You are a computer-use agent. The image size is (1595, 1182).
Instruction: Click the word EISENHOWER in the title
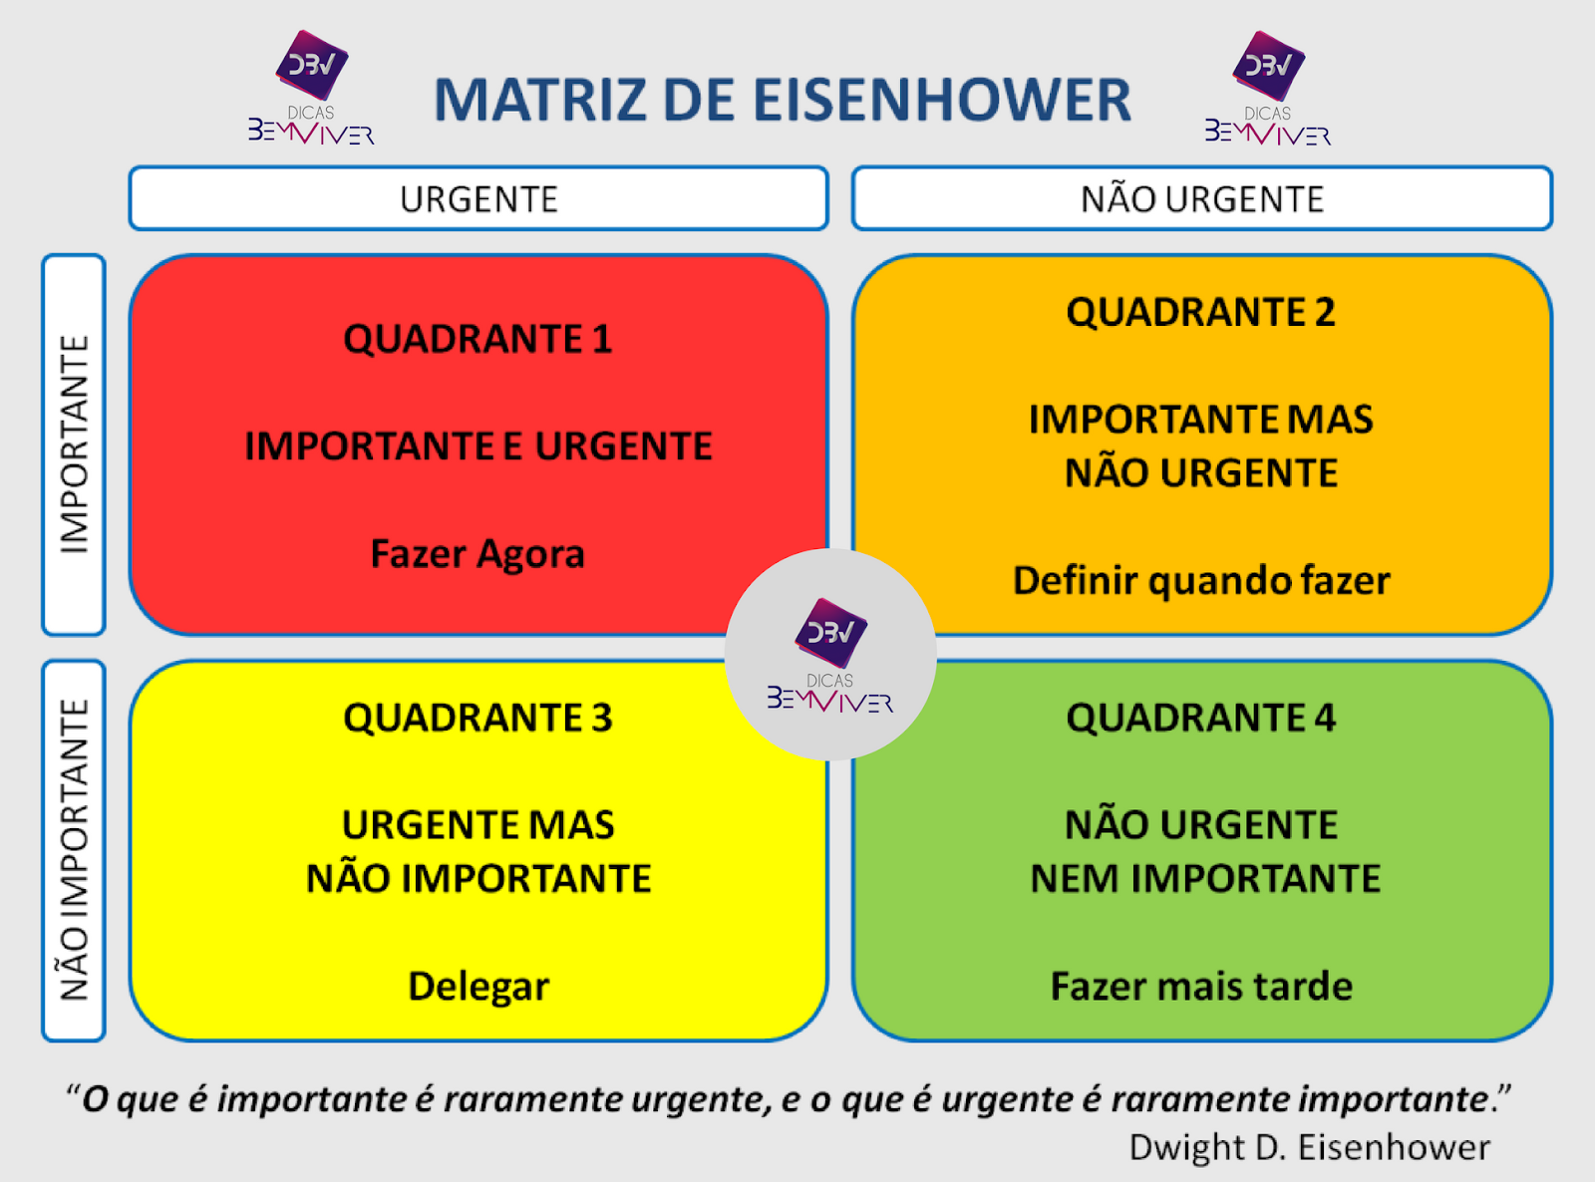click(942, 100)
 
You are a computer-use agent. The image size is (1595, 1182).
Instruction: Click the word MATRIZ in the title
click(540, 100)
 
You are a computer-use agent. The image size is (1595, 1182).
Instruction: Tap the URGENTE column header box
click(478, 198)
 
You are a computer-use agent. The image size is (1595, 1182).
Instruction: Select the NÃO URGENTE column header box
click(1202, 198)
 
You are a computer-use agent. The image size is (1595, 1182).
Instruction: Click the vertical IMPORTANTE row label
click(74, 444)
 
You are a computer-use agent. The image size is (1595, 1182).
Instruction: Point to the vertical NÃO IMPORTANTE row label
click(74, 850)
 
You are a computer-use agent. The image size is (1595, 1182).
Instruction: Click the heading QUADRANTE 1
click(478, 339)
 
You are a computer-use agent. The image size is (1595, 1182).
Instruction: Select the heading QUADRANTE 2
click(1201, 312)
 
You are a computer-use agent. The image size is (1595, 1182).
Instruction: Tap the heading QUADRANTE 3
click(478, 718)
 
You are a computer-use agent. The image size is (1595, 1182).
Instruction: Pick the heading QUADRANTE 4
click(1201, 718)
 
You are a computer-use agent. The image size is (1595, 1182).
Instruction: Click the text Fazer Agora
click(478, 554)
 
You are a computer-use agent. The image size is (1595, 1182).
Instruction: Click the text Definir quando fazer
click(1201, 581)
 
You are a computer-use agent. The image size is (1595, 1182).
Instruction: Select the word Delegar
click(478, 987)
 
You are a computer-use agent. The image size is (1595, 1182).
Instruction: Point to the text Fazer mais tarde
click(1201, 986)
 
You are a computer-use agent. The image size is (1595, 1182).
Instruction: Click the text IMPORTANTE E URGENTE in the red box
click(478, 445)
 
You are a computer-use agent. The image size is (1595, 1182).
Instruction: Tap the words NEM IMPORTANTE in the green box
click(1205, 879)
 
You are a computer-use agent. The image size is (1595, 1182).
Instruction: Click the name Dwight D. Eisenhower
click(1310, 1147)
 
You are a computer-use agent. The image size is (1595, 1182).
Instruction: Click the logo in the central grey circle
click(830, 655)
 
